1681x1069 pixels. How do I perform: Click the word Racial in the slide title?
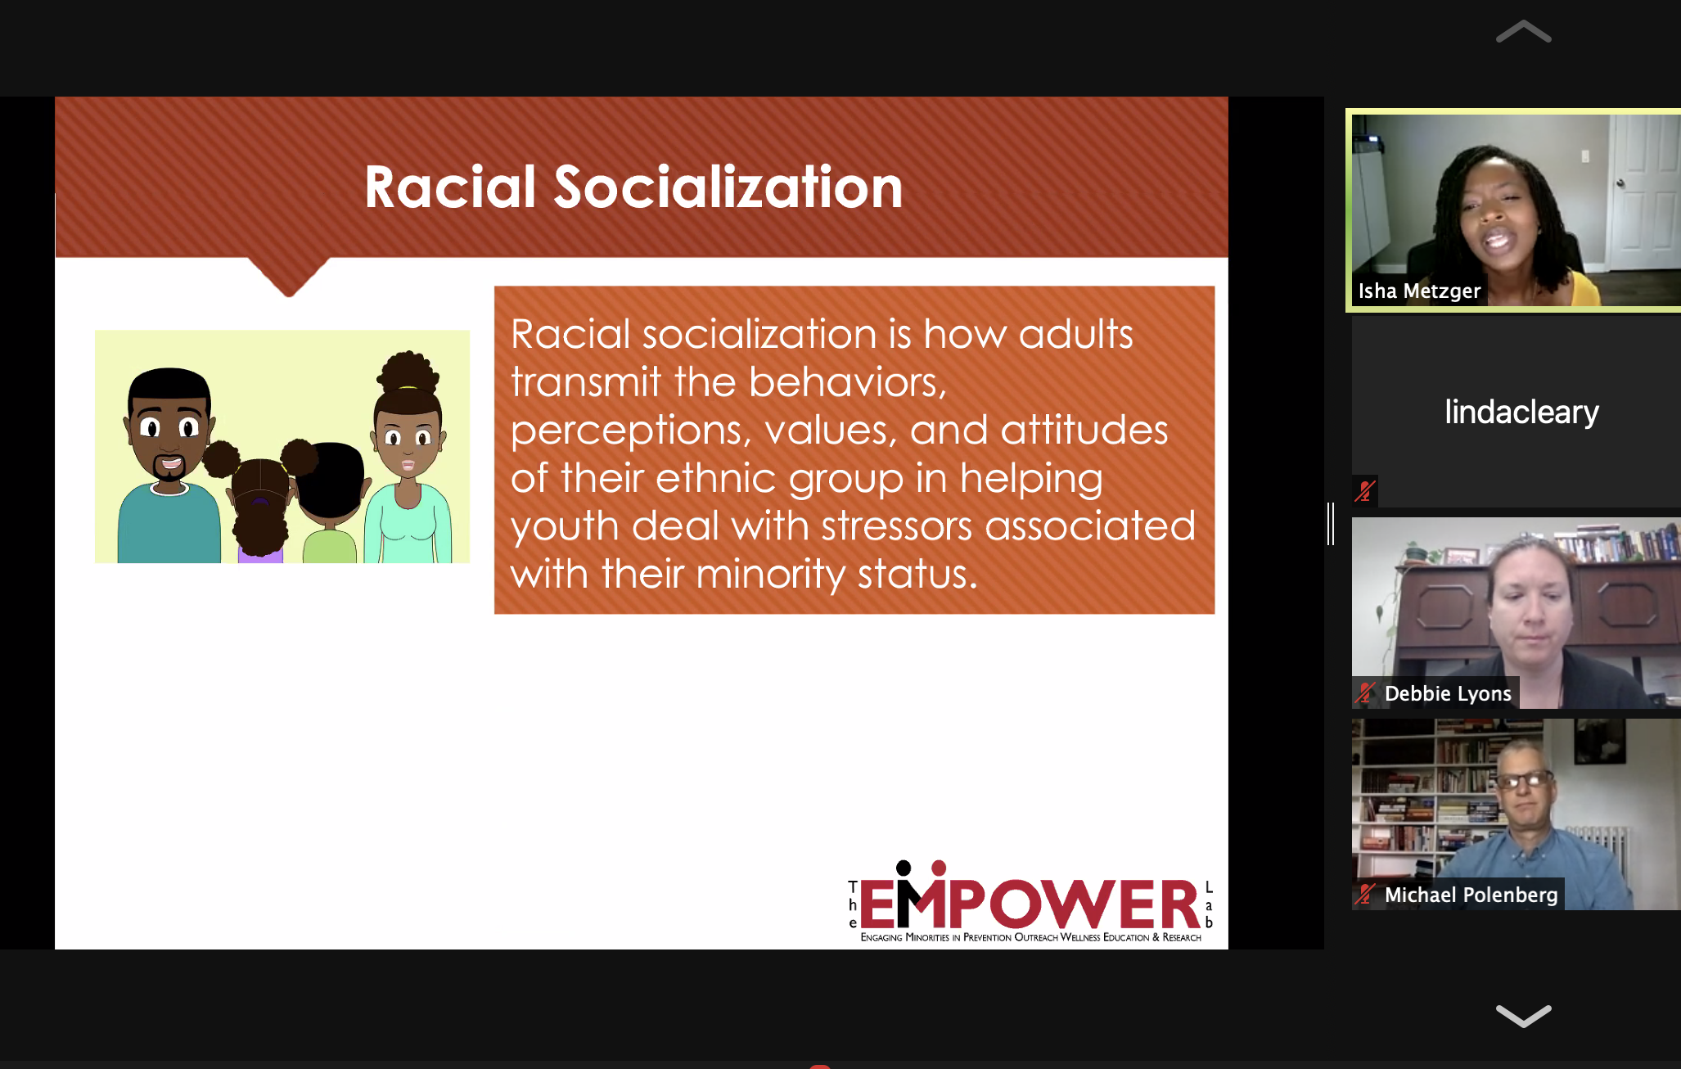point(449,187)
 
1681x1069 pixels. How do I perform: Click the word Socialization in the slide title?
point(728,187)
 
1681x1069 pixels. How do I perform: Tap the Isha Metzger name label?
point(1419,291)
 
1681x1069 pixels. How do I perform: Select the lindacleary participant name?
point(1521,412)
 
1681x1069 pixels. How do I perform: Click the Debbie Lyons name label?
point(1448,693)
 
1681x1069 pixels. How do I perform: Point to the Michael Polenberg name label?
point(1471,895)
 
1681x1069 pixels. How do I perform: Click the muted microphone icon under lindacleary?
point(1364,490)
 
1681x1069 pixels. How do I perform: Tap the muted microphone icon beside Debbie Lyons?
point(1364,693)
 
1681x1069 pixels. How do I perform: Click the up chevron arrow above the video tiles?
point(1523,33)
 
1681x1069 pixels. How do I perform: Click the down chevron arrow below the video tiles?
point(1523,1015)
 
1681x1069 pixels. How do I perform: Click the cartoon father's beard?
point(169,470)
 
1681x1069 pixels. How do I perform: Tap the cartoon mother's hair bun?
point(407,372)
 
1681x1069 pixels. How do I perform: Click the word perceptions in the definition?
point(630,431)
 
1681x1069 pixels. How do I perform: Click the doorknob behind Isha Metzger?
point(1620,183)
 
